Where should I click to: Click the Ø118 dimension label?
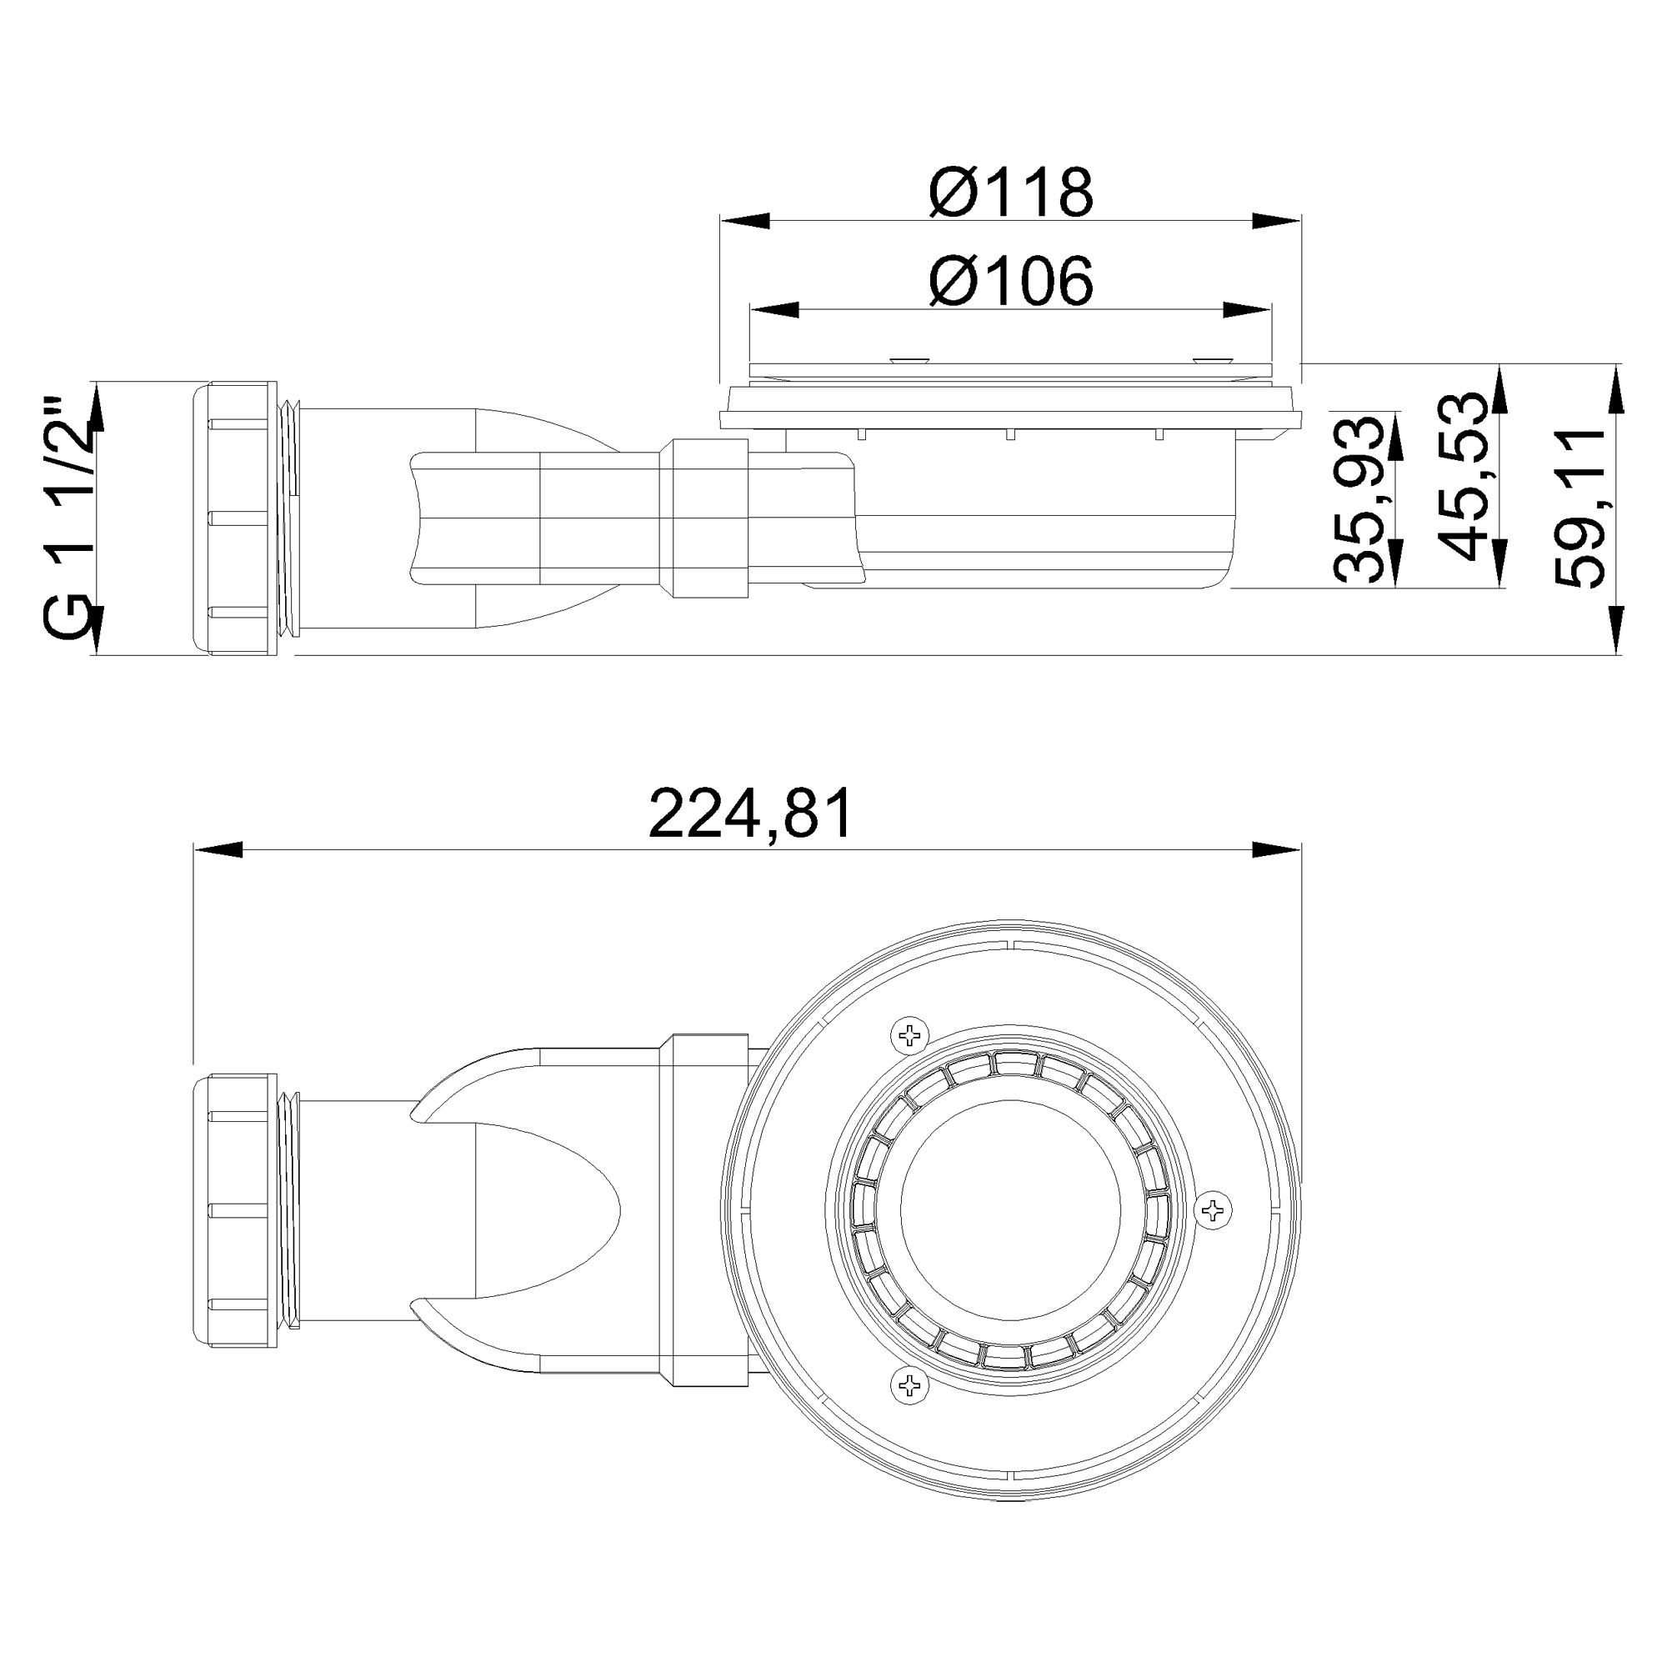tap(1011, 193)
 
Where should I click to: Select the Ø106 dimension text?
tap(1011, 280)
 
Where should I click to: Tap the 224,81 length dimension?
tap(751, 813)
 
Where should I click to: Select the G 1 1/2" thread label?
tap(68, 519)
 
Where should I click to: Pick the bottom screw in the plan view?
tap(909, 1387)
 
